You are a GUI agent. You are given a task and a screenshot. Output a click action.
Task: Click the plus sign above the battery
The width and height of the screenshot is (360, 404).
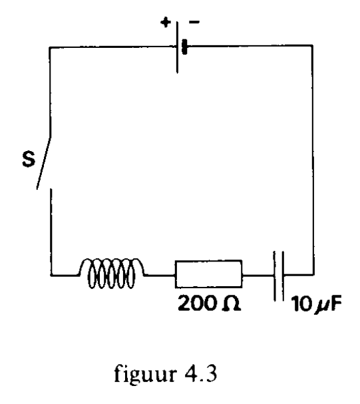coord(166,22)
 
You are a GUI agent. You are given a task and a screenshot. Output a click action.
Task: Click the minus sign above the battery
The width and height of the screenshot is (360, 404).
coord(194,22)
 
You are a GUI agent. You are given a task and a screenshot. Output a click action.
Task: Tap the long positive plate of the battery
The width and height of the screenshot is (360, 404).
coord(177,47)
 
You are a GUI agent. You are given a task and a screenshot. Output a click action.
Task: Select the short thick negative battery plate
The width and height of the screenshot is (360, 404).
coord(184,47)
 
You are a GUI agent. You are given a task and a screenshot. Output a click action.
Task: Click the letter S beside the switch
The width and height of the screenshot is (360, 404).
coord(29,160)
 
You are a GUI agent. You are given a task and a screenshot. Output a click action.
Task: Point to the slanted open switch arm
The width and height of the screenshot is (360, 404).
coord(43,163)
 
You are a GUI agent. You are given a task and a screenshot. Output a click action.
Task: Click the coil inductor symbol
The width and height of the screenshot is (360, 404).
coord(111,273)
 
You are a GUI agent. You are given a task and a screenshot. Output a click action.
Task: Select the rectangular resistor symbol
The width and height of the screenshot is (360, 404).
coord(208,274)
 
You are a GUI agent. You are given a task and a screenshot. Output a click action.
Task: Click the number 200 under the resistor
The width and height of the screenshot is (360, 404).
coord(196,303)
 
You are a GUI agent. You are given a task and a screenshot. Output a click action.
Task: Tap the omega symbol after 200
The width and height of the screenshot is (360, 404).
coord(231,303)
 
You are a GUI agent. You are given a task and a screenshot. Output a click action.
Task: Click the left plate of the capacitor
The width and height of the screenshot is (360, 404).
coord(275,276)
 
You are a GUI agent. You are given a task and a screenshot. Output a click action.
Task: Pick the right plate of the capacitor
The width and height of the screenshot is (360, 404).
coord(283,276)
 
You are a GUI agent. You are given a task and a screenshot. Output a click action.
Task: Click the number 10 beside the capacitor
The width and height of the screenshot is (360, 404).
coord(301,303)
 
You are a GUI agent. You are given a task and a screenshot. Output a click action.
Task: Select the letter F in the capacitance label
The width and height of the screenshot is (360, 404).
coord(335,303)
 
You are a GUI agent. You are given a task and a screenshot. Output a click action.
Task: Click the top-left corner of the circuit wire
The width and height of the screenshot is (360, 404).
coord(50,47)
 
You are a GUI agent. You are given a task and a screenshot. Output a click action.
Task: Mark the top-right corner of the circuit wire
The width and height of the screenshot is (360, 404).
coord(313,46)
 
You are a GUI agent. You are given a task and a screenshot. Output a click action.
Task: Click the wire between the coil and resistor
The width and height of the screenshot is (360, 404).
coord(160,275)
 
